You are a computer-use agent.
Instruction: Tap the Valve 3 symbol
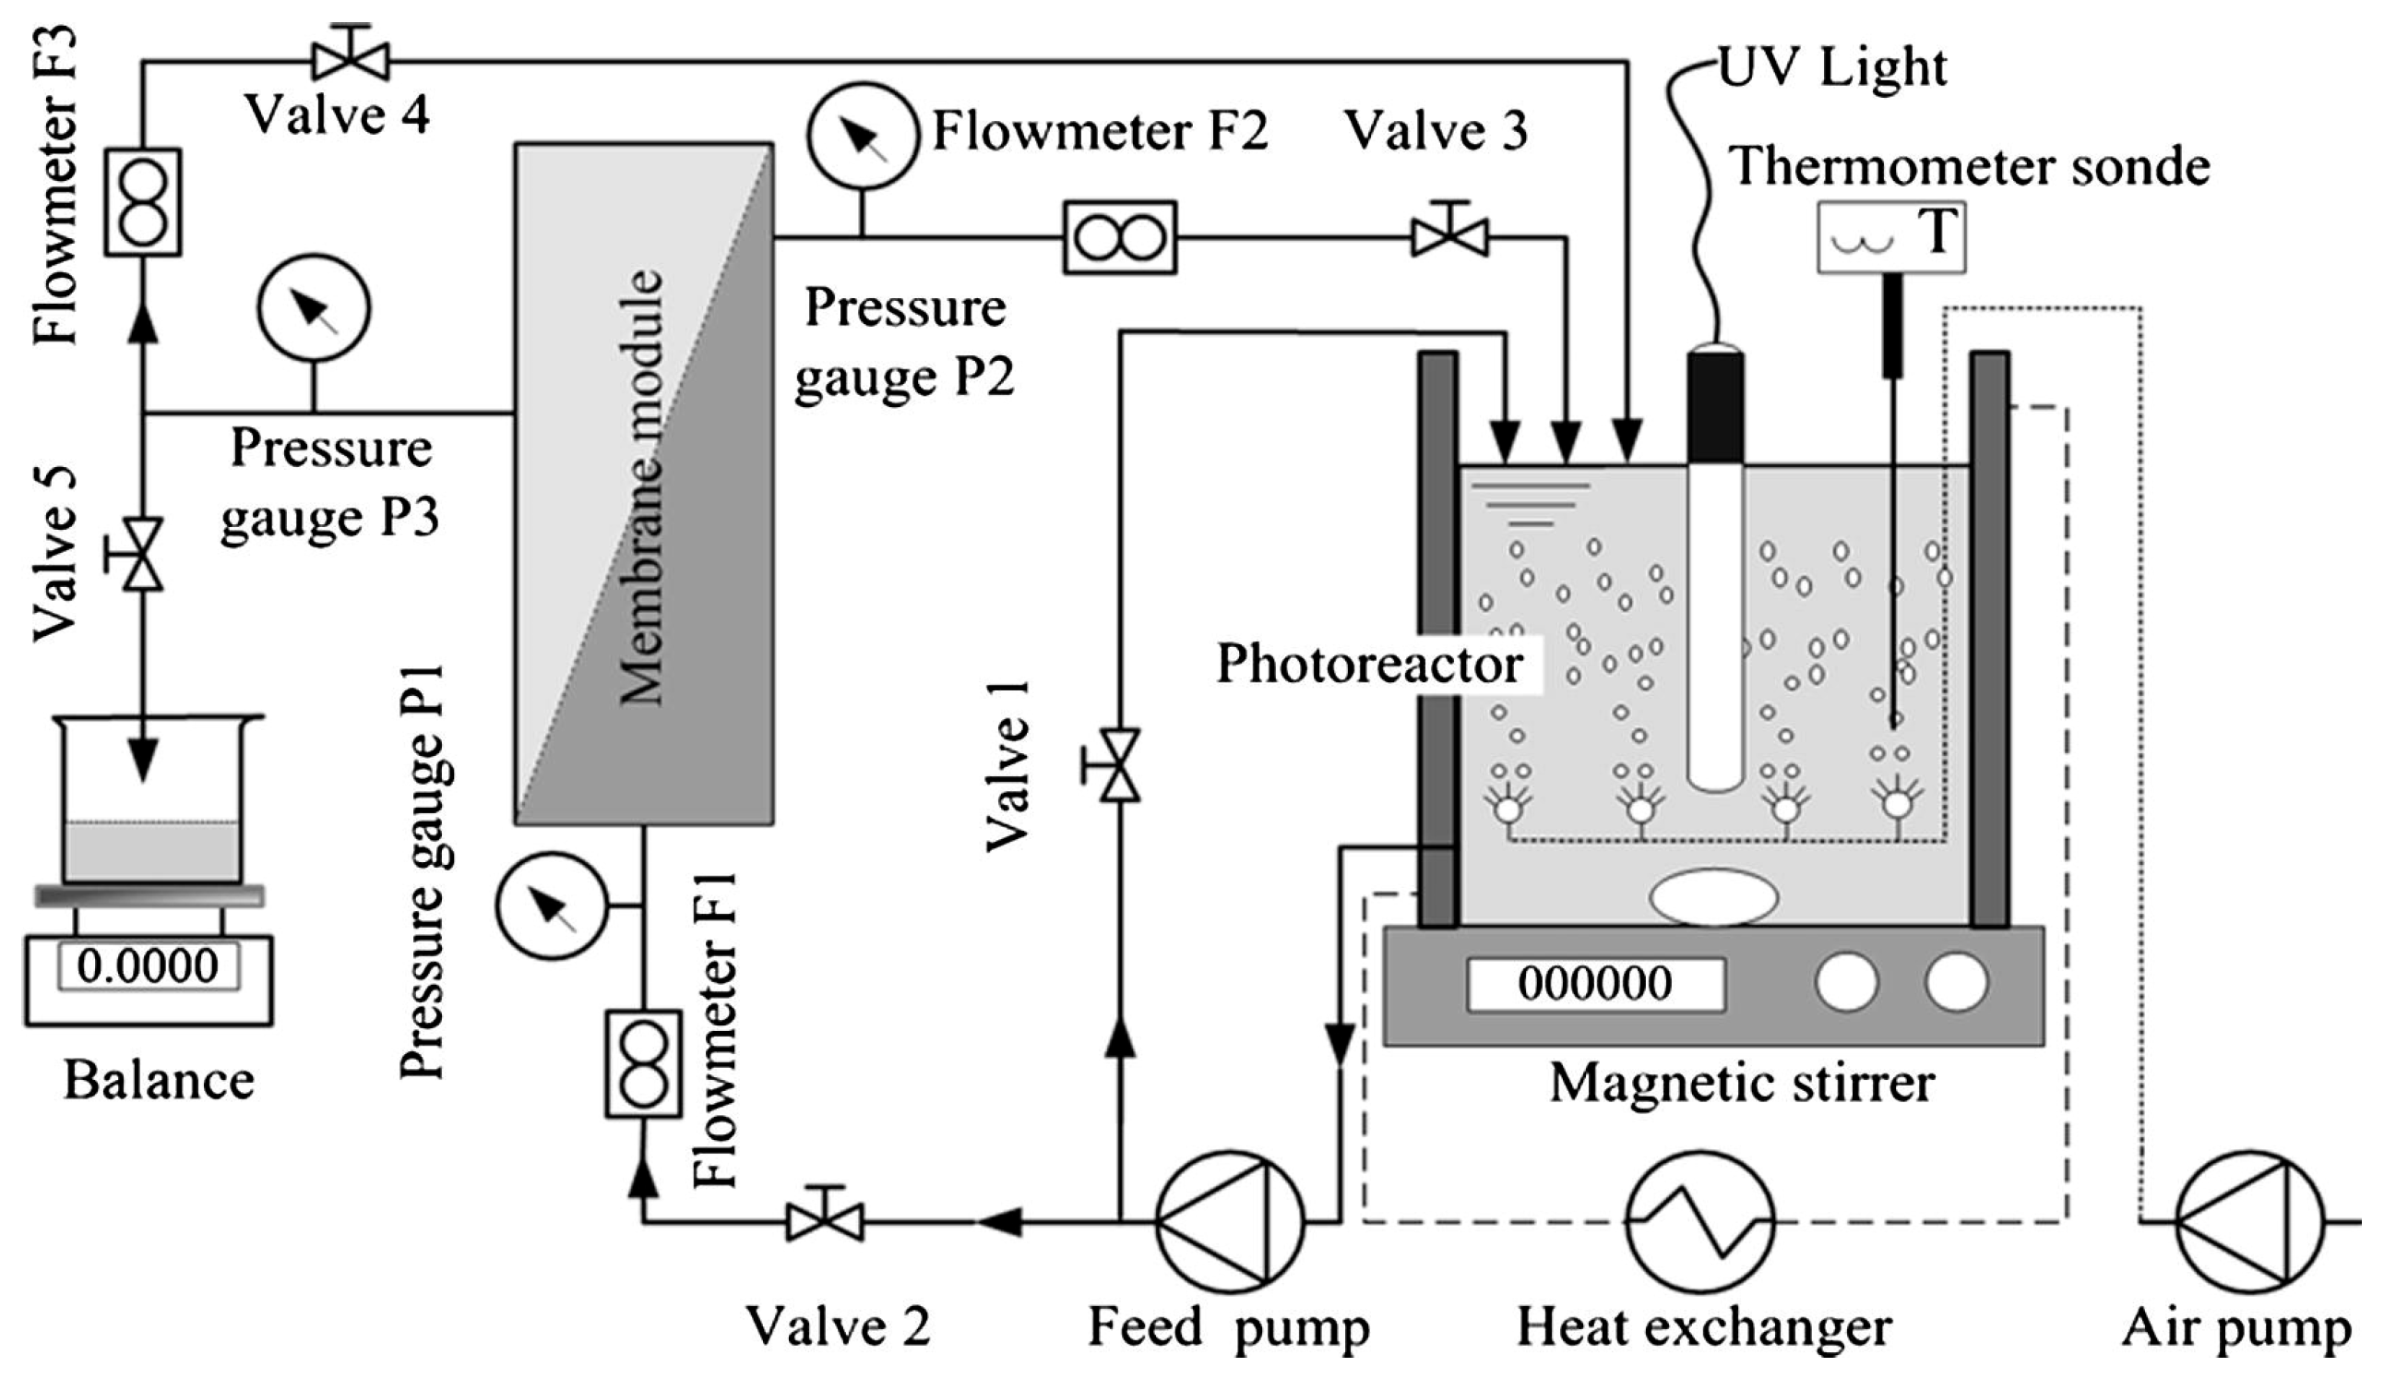click(1449, 235)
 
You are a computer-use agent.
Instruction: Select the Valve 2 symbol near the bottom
click(824, 1221)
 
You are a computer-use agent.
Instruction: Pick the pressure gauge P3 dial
click(313, 308)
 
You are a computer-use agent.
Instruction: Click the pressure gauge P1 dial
click(552, 905)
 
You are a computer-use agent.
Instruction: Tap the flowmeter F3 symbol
click(143, 201)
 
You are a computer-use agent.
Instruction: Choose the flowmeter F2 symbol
click(1120, 237)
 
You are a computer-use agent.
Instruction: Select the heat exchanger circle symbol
click(1700, 1221)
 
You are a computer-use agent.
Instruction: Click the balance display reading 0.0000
click(149, 966)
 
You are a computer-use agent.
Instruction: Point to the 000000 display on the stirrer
click(1595, 983)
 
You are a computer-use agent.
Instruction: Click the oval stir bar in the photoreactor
click(1713, 896)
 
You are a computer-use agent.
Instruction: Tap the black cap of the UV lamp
click(1715, 407)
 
